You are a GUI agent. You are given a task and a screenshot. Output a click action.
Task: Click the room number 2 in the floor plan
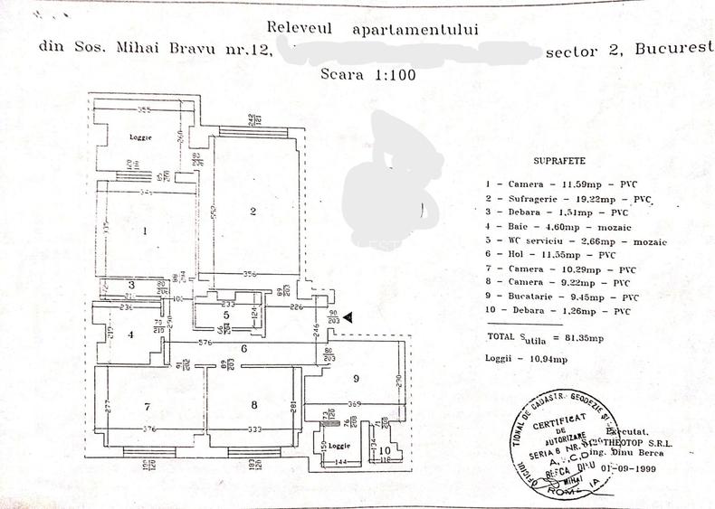(x=254, y=212)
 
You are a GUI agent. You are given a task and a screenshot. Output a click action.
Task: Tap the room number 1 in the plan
(x=146, y=231)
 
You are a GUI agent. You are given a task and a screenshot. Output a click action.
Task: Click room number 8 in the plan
(x=254, y=404)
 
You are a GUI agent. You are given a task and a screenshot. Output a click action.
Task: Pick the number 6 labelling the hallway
(x=243, y=348)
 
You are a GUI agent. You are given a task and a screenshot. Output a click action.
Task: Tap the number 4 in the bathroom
(x=131, y=334)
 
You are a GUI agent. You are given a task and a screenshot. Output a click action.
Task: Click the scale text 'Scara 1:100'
(x=368, y=75)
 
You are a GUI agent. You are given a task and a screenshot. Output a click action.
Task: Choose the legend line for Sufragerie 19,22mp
(x=568, y=198)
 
